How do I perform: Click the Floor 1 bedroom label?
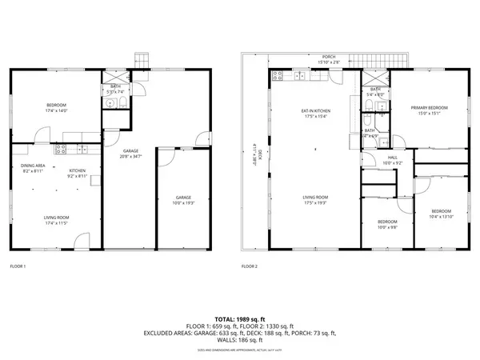tap(56, 106)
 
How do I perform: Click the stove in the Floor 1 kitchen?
tap(58, 150)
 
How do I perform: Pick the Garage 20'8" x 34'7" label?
tap(133, 154)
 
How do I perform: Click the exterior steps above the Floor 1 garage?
tap(142, 61)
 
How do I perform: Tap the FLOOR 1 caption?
tap(18, 266)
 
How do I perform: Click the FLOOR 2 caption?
tap(250, 266)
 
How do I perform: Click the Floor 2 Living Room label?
tap(314, 200)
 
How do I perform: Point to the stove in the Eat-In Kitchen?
tap(278, 77)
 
